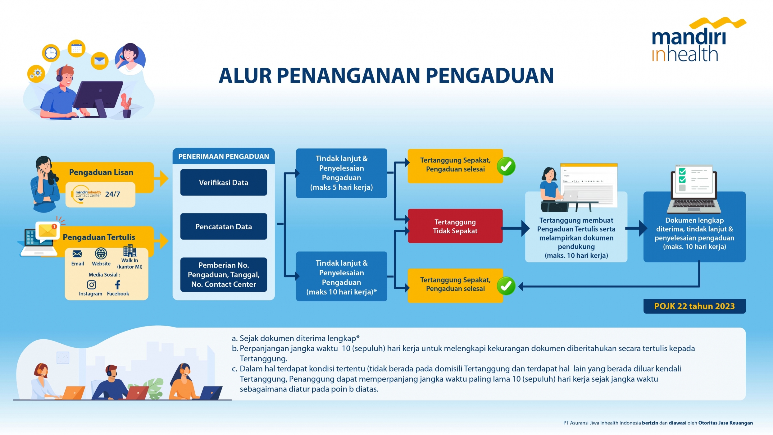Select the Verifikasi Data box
(224, 182)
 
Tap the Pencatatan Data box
(224, 227)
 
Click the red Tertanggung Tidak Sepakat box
(455, 226)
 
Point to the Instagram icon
(91, 285)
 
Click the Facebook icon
(118, 285)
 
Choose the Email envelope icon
(77, 254)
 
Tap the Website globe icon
(101, 254)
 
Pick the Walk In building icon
(130, 251)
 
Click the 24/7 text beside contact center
(112, 194)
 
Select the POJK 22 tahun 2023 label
(694, 306)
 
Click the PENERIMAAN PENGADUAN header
(224, 157)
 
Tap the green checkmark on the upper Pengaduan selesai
(506, 167)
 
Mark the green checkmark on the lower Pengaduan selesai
(506, 286)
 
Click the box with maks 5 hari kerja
(341, 173)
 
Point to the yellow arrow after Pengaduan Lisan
(162, 178)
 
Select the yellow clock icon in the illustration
(51, 53)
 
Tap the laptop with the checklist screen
(694, 190)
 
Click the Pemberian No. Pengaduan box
(224, 275)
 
